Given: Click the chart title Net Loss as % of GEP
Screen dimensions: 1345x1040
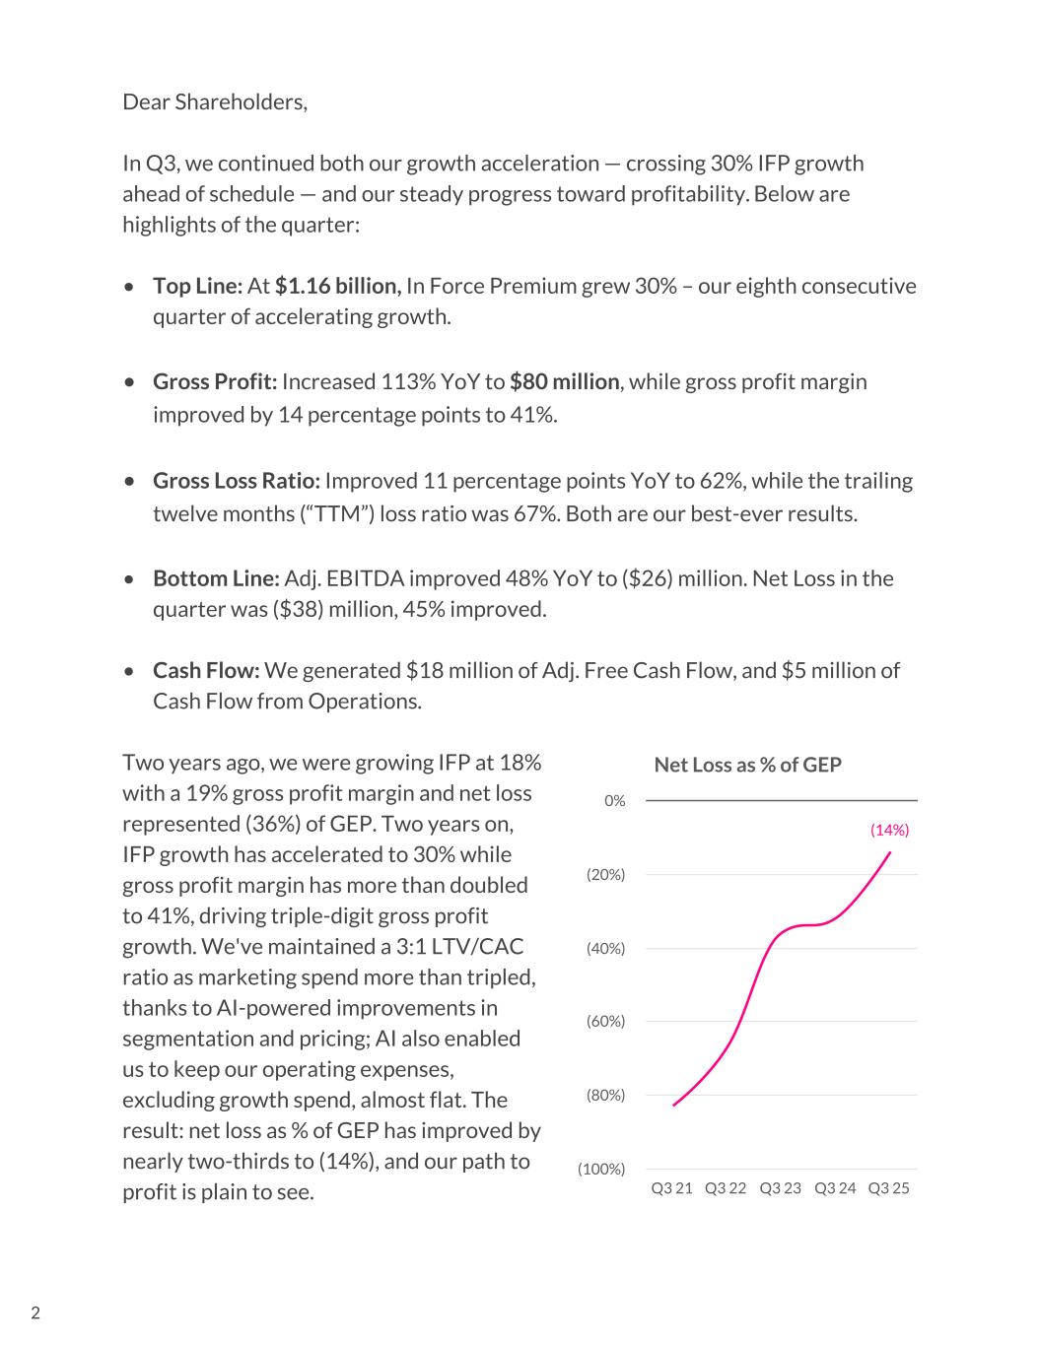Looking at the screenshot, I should pyautogui.click(x=747, y=765).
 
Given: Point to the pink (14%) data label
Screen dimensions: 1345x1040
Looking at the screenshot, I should pyautogui.click(x=889, y=830).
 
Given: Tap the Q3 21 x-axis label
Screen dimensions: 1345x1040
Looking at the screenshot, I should pyautogui.click(x=671, y=1187).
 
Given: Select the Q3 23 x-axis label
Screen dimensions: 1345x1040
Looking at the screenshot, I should pyautogui.click(x=780, y=1187).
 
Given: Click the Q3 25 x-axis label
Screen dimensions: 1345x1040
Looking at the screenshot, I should pyautogui.click(x=888, y=1187).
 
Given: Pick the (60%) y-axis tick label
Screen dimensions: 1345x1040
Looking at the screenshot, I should pyautogui.click(x=605, y=1021).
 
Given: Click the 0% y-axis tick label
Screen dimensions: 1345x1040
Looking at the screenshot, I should pyautogui.click(x=614, y=800).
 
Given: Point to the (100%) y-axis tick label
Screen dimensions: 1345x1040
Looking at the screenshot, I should pyautogui.click(x=601, y=1169).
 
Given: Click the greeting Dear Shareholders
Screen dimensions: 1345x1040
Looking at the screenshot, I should pyautogui.click(x=215, y=101).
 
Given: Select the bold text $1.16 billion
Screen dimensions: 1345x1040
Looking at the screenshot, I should pyautogui.click(x=337, y=286).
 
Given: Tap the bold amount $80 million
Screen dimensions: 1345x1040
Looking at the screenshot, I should pyautogui.click(x=564, y=381).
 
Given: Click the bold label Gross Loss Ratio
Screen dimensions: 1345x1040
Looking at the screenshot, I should pyautogui.click(x=237, y=481).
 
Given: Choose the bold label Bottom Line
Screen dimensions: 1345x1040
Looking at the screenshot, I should pyautogui.click(x=216, y=578).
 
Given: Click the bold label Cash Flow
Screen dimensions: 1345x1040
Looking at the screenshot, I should pyautogui.click(x=206, y=670).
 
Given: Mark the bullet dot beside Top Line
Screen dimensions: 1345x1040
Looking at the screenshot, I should pyautogui.click(x=130, y=287).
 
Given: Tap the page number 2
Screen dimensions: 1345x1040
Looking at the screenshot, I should pyautogui.click(x=35, y=1312).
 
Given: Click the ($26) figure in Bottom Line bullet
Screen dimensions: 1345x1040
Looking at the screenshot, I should pyautogui.click(x=647, y=578).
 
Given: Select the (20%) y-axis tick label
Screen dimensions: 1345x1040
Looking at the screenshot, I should pyautogui.click(x=605, y=874).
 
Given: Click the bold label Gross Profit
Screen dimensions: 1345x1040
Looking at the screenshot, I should pyautogui.click(x=215, y=381).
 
